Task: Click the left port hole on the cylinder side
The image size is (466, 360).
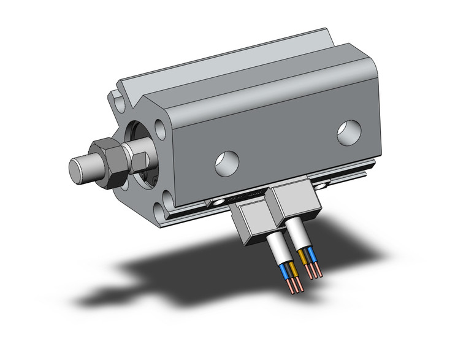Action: point(225,161)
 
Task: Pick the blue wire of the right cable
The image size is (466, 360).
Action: point(312,255)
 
